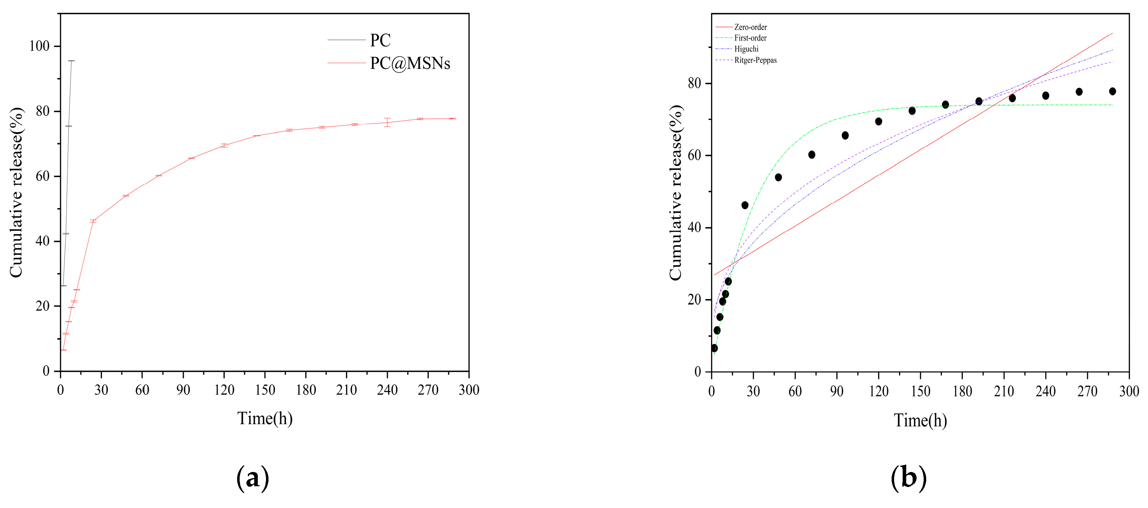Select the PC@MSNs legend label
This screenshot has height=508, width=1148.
[x=409, y=63]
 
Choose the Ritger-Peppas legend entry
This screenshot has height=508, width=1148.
[x=755, y=60]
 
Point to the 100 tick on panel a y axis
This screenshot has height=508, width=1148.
[x=39, y=46]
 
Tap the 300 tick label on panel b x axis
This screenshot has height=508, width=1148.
[x=1129, y=391]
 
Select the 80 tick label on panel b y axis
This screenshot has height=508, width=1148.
[x=694, y=83]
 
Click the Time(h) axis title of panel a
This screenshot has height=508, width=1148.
[x=265, y=419]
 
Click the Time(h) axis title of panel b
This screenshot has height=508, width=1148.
[x=920, y=420]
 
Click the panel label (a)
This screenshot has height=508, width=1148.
[x=252, y=478]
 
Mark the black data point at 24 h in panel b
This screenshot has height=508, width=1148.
[x=745, y=205]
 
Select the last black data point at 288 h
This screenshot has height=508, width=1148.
[x=1112, y=91]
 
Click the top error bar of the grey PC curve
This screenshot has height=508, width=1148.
[x=71, y=61]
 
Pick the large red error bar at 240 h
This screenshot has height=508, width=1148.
[x=387, y=122]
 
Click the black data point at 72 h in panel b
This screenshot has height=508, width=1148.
[x=812, y=155]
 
